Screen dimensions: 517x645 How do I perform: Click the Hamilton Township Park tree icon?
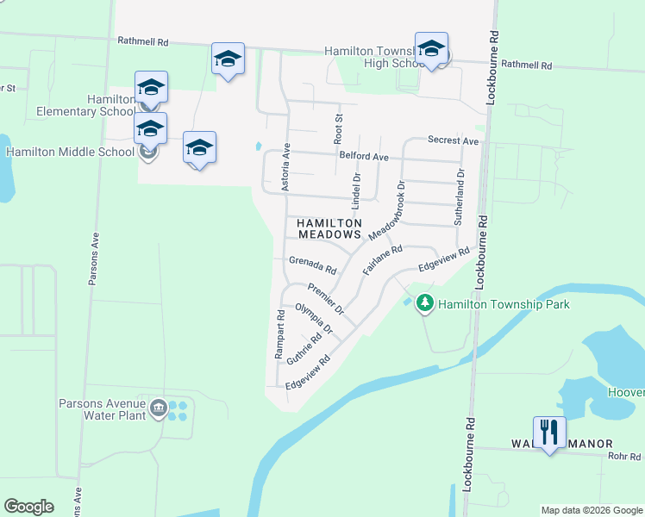click(x=424, y=304)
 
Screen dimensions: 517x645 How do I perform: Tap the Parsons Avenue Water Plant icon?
click(x=158, y=408)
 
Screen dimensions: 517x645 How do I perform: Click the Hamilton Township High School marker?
click(x=430, y=50)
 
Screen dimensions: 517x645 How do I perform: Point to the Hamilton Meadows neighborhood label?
click(x=328, y=228)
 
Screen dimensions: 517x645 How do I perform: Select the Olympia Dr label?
click(x=313, y=319)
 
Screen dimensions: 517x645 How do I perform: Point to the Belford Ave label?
click(x=364, y=157)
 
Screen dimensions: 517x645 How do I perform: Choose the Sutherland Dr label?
click(x=460, y=197)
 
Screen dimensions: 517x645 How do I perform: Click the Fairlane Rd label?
click(x=383, y=260)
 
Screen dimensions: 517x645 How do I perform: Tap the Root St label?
click(x=339, y=128)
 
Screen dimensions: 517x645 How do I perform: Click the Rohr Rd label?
click(x=621, y=456)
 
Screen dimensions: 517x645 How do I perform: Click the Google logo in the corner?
click(x=28, y=507)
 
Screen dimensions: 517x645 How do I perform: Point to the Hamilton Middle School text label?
click(x=69, y=152)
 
